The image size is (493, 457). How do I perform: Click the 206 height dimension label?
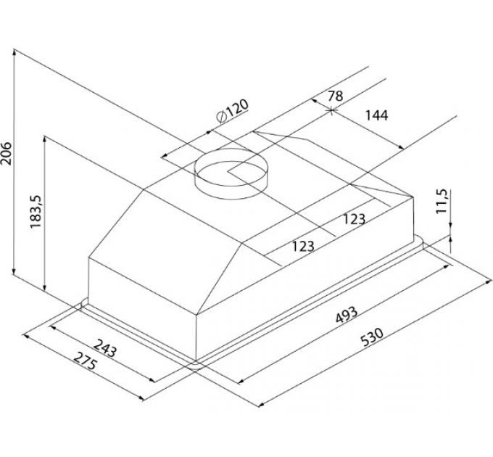6,153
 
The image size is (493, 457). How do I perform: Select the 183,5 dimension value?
36,212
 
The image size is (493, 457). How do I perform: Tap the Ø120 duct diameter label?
233,111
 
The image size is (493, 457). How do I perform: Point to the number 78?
336,96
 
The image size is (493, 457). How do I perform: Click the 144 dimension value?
376,115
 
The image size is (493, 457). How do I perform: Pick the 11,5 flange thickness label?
442,201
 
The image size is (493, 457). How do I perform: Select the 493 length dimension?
347,315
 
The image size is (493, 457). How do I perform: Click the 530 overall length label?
372,337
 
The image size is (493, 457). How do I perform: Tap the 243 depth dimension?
105,348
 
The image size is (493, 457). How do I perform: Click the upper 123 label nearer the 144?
354,219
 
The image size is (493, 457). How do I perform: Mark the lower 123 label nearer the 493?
303,246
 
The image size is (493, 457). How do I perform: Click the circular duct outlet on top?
231,173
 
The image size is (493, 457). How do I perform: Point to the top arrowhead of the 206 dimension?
14,52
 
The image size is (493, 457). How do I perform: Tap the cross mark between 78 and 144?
332,110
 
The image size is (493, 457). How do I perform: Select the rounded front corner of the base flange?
195,366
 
